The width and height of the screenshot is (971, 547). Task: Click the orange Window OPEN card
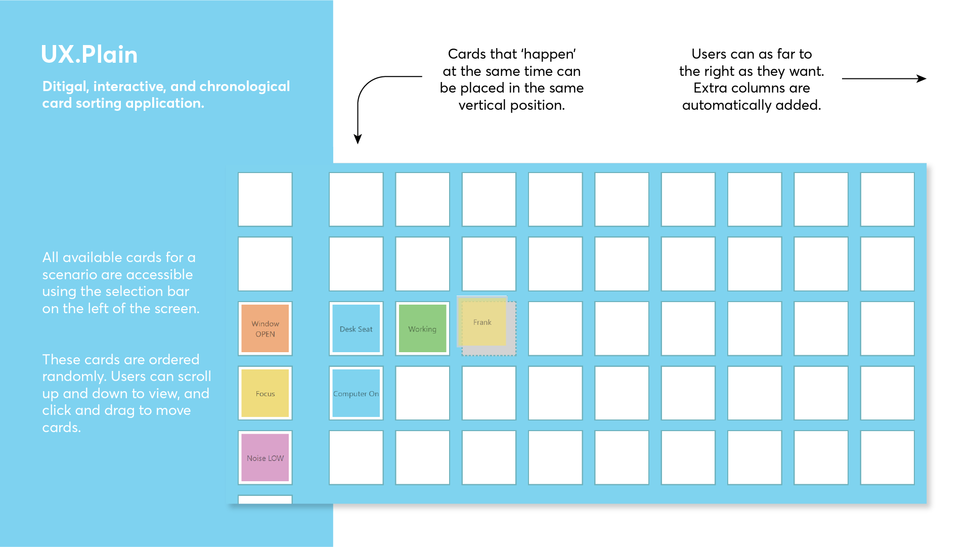[x=265, y=328]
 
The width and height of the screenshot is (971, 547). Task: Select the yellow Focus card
[x=265, y=393]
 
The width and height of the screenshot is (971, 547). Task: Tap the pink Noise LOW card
[x=265, y=457]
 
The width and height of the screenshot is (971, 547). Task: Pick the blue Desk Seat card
[x=356, y=328]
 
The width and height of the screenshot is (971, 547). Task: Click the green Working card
[x=422, y=328]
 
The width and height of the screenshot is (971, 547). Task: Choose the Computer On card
[x=356, y=393]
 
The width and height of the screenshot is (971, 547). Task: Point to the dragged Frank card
[x=482, y=322]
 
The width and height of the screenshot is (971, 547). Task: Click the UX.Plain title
[x=89, y=55]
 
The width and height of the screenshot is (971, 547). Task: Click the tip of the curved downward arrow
[x=358, y=141]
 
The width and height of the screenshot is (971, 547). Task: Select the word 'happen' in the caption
[x=549, y=54]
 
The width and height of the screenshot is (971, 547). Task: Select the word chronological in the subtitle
[x=245, y=87]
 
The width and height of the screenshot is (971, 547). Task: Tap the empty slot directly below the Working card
[x=422, y=393]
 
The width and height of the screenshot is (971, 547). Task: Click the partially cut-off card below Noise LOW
[x=265, y=499]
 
